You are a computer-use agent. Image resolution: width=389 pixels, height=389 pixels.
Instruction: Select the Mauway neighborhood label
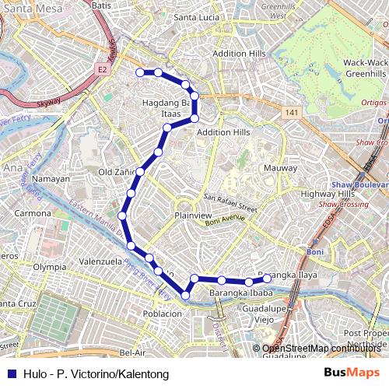pyautogui.click(x=280, y=168)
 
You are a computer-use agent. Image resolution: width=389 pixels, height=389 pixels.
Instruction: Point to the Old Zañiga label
pyautogui.click(x=117, y=171)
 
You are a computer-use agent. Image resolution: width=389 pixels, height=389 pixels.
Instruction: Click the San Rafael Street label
pyautogui.click(x=230, y=203)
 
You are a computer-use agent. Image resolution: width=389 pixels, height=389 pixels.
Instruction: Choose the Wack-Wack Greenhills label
pyautogui.click(x=366, y=68)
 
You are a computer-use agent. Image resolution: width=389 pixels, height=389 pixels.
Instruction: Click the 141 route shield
pyautogui.click(x=291, y=113)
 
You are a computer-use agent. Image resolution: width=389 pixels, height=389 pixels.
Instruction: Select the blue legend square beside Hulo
pyautogui.click(x=11, y=374)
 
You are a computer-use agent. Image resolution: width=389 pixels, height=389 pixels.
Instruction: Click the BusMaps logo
pyautogui.click(x=352, y=374)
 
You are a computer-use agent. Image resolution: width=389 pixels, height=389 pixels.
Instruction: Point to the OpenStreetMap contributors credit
pyautogui.click(x=321, y=349)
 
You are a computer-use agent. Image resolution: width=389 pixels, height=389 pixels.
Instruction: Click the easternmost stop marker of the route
pyautogui.click(x=267, y=279)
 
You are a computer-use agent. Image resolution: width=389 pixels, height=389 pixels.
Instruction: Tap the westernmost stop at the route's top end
pyautogui.click(x=140, y=72)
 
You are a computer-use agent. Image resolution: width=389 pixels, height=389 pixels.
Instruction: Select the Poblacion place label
pyautogui.click(x=162, y=314)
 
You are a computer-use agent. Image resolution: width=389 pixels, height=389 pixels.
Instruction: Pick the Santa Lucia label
pyautogui.click(x=197, y=17)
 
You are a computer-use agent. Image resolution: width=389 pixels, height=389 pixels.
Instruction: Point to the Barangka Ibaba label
pyautogui.click(x=240, y=293)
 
